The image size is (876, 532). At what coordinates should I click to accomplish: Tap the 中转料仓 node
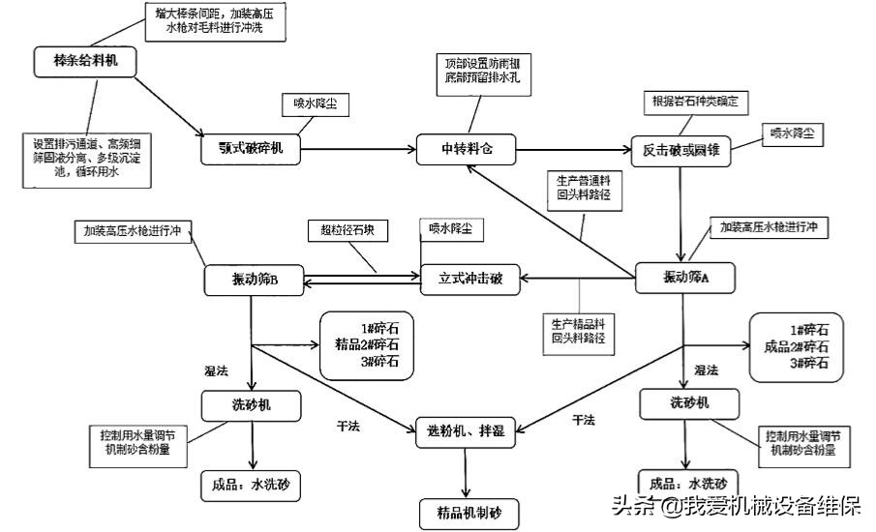(x=468, y=148)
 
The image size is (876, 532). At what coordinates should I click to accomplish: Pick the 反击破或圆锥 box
(x=680, y=150)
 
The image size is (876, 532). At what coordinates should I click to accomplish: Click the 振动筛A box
(x=686, y=279)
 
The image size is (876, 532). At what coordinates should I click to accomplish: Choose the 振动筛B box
(x=255, y=281)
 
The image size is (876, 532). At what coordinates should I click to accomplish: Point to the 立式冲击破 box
(x=470, y=280)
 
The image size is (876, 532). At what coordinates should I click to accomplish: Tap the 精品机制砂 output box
(x=468, y=511)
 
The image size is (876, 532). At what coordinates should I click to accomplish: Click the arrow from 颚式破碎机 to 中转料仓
(x=358, y=149)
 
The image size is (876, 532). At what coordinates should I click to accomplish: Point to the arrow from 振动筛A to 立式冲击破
(x=578, y=280)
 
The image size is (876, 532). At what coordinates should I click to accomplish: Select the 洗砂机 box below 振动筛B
(x=252, y=405)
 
